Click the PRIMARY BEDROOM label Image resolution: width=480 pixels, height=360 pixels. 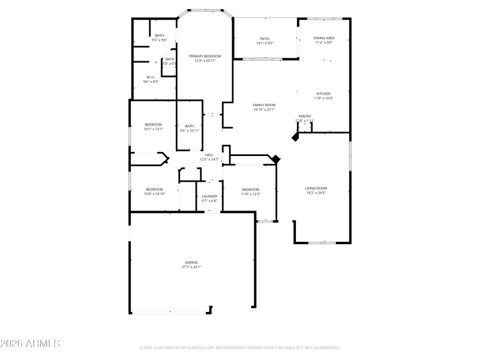[205, 56]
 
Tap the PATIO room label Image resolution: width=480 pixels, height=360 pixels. [265, 38]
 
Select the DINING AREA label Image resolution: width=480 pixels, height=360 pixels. [324, 38]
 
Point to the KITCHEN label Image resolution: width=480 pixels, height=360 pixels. [323, 94]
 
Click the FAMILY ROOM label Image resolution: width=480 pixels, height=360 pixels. [264, 105]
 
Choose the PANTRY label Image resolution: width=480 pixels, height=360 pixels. [305, 116]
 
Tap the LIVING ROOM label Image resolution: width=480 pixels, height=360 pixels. [316, 188]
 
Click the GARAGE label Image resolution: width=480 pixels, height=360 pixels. [191, 262]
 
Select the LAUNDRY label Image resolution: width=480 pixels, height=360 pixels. [209, 196]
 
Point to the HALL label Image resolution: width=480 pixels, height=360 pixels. [209, 155]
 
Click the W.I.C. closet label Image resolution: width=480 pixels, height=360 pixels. [151, 77]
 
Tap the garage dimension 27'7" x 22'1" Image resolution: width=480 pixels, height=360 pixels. [191, 267]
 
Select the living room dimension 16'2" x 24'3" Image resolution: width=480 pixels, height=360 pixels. [316, 193]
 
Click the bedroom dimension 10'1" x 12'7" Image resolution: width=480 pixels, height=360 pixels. [154, 129]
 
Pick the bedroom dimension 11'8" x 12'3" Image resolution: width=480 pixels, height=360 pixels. [250, 194]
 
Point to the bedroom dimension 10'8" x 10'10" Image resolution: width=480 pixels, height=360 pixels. [154, 194]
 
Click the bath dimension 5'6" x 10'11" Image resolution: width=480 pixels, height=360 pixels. [190, 130]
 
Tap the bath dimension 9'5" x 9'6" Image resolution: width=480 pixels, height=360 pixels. [159, 40]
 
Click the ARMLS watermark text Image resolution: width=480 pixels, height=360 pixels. [30, 344]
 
